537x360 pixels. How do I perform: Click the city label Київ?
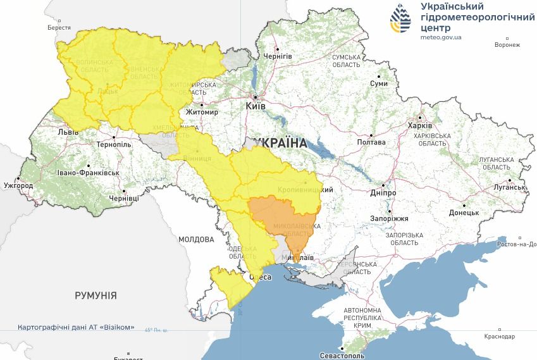[x=256, y=108]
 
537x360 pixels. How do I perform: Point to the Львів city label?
[x=68, y=132]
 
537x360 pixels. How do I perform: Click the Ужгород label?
[x=18, y=186]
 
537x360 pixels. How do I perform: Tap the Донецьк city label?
[x=464, y=213]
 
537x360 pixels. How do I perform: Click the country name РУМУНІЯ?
[x=96, y=295]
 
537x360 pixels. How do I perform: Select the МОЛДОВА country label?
[x=196, y=240]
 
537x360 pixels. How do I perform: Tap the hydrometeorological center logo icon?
[x=400, y=20]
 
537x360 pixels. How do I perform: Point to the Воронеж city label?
[x=507, y=45]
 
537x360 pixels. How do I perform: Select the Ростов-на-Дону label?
[x=517, y=244]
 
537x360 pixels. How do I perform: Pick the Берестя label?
[x=59, y=28]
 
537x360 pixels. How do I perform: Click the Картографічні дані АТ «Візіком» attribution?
[x=77, y=328]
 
